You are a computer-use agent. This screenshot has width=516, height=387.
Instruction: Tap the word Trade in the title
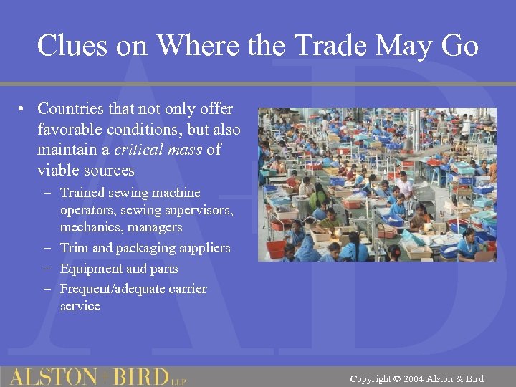click(x=336, y=46)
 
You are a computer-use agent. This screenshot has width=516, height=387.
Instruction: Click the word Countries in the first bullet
click(x=74, y=109)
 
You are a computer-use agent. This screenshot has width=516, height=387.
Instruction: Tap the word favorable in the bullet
click(x=70, y=130)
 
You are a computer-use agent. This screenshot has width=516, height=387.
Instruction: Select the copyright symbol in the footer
click(x=397, y=378)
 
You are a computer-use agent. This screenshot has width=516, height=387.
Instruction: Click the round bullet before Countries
click(x=24, y=110)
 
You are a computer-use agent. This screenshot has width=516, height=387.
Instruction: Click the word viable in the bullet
click(x=58, y=170)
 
